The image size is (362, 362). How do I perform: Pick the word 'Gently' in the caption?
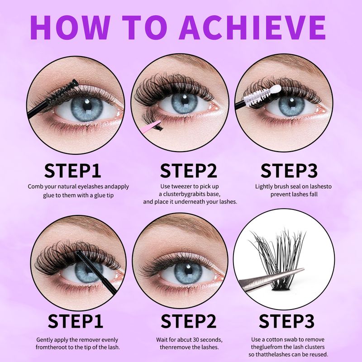click(x=45, y=339)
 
